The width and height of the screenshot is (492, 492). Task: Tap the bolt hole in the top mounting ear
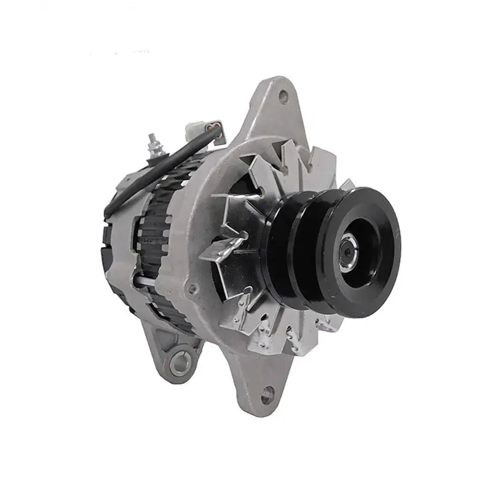(x=283, y=96)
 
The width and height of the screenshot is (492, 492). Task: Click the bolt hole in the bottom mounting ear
(x=268, y=395)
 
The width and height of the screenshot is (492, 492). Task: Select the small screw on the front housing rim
(x=193, y=287)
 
